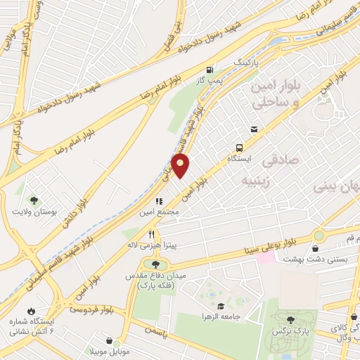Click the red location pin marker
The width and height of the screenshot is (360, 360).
[x=181, y=166]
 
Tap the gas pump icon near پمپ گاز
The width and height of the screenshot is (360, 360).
[x=210, y=70]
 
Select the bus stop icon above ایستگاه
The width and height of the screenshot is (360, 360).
[x=240, y=148]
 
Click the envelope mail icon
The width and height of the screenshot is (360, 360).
[x=254, y=129]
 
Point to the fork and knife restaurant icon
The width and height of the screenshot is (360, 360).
[x=150, y=234]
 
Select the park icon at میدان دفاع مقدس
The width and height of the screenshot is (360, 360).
[x=155, y=264]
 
